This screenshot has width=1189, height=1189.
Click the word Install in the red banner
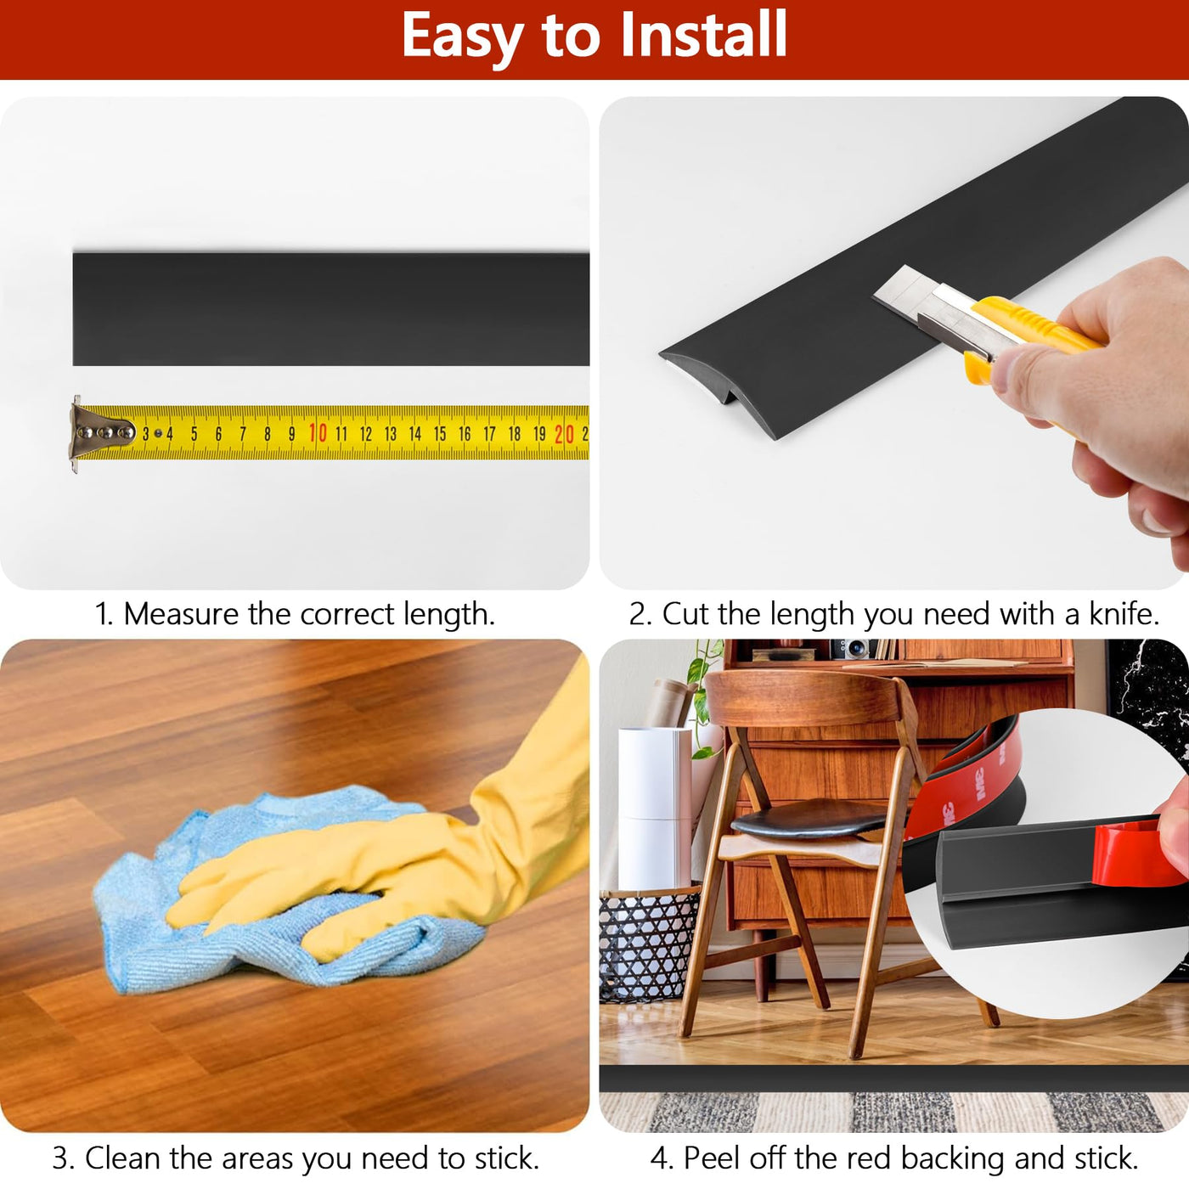point(703,35)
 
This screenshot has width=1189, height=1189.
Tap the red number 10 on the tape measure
point(318,433)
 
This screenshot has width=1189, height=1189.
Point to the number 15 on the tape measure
point(440,434)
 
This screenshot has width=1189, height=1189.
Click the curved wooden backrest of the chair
point(802,697)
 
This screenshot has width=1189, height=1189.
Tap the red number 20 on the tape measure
point(564,434)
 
